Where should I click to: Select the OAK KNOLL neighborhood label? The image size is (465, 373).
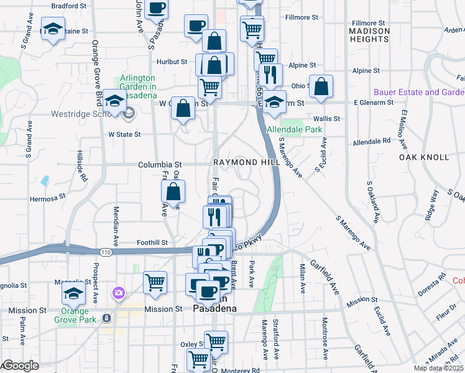423,157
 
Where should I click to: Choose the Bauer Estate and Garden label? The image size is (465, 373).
418,92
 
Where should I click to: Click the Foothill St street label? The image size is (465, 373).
152,242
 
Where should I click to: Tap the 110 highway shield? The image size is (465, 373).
105,252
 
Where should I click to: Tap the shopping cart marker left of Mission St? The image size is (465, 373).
155,282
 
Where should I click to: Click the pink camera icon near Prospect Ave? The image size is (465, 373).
118,292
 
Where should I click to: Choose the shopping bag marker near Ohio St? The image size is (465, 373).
321,87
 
